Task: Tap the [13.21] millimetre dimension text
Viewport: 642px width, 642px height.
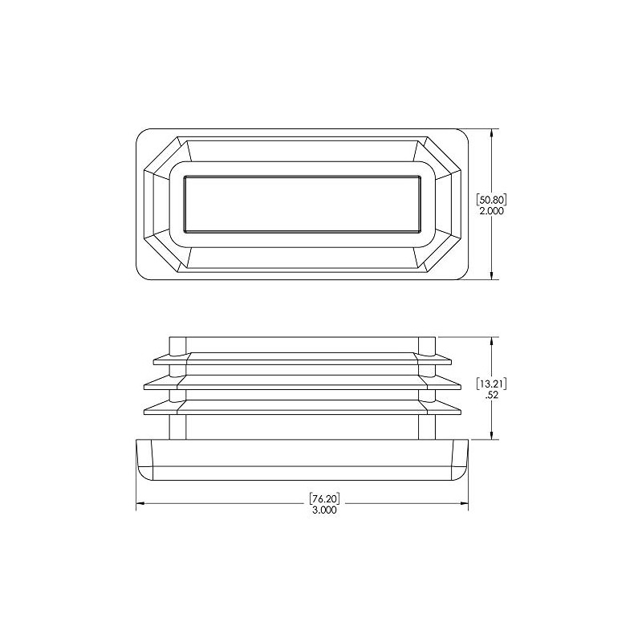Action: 491,383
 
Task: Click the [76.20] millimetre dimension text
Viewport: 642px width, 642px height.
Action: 323,498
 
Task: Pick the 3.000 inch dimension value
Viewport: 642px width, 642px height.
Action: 323,510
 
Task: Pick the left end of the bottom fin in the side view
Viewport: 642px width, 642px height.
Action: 147,410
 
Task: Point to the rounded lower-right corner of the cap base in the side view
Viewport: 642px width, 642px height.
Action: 463,473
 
